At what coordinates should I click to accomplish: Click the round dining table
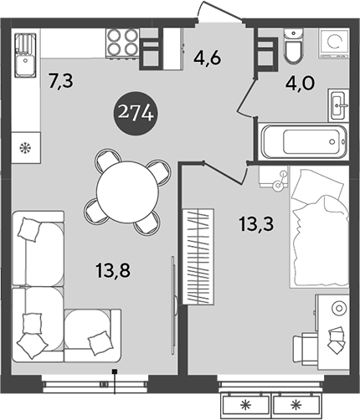pyautogui.click(x=126, y=192)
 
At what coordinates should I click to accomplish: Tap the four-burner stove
pyautogui.click(x=122, y=44)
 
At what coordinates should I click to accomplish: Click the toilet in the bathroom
pyautogui.click(x=295, y=49)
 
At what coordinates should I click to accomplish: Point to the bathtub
pyautogui.click(x=302, y=143)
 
